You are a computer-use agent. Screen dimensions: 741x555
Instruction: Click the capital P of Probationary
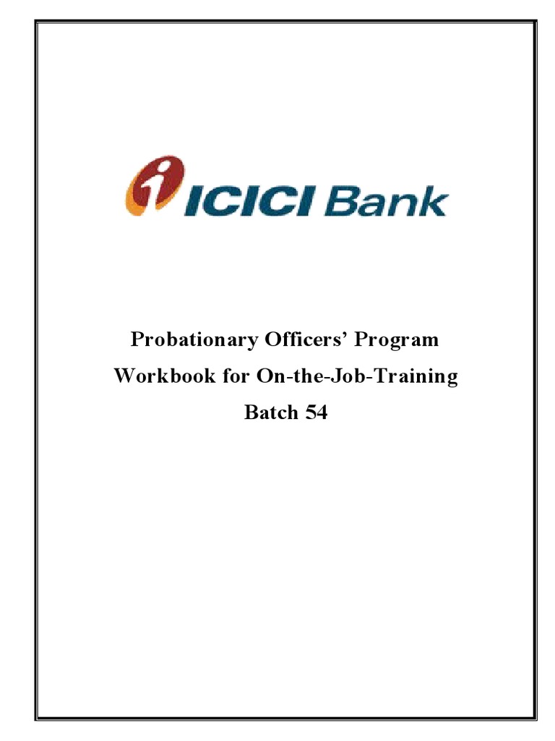(136, 340)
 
